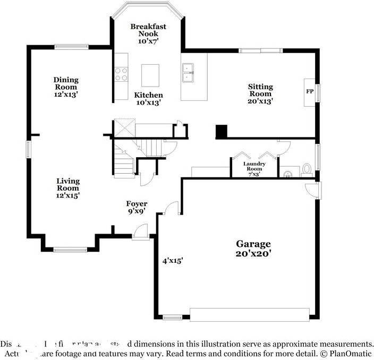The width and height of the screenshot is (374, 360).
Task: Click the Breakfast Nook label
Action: pos(148,33)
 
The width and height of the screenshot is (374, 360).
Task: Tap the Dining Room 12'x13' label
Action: pos(66,87)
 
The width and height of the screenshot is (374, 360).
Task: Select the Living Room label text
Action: pos(68,188)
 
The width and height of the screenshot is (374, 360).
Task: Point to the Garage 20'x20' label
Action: pos(253,248)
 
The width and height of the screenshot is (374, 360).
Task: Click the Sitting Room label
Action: pos(260,93)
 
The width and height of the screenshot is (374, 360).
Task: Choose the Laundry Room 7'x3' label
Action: pos(254,168)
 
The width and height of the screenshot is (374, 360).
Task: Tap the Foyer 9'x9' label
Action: pos(137,207)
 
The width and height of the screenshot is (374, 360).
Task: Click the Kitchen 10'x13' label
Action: pos(148,98)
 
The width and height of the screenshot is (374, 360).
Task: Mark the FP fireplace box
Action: pos(310,91)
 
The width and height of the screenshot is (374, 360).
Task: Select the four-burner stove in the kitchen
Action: pos(121,74)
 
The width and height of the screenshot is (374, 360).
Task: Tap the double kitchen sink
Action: pos(188,73)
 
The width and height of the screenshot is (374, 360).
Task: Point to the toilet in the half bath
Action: pos(307,169)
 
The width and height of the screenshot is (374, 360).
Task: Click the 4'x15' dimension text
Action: pos(173,260)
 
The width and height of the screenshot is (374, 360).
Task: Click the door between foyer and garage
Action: pos(172,209)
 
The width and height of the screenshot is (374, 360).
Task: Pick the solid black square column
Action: pos(221,132)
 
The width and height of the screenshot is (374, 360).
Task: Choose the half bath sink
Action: pos(287,173)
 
